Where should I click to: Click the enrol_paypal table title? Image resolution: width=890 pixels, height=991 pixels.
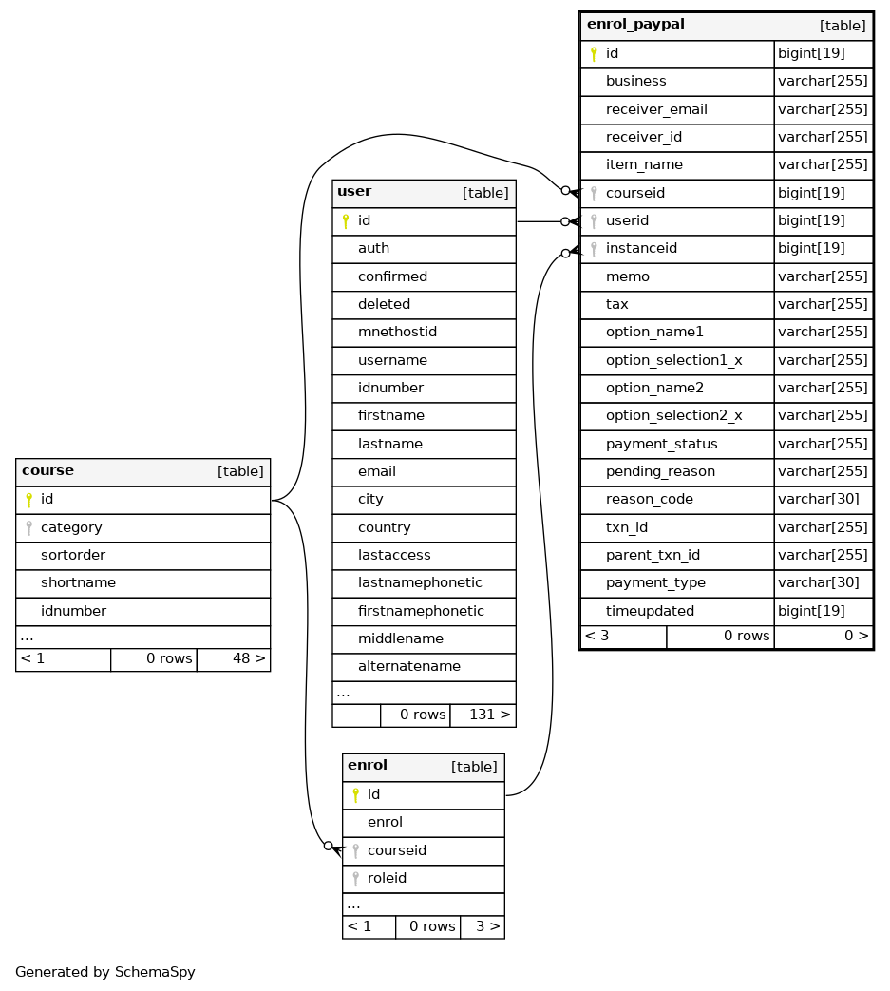[x=635, y=24]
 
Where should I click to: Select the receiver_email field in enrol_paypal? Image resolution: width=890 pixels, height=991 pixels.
[x=656, y=109]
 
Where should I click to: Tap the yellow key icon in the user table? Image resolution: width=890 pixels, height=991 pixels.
[x=346, y=221]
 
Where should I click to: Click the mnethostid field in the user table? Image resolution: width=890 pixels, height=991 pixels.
[x=397, y=332]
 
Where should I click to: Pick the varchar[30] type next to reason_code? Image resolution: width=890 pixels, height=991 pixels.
[x=819, y=499]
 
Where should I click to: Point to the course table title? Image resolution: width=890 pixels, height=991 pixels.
[x=48, y=471]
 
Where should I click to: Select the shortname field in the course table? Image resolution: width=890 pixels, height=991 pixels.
[x=78, y=582]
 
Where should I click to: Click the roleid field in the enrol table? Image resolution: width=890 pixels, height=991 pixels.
[x=388, y=878]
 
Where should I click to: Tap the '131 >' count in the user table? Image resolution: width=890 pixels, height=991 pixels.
[x=489, y=715]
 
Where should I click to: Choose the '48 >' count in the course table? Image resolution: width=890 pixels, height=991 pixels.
[x=249, y=658]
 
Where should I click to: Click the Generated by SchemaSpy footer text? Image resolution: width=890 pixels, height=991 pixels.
[x=104, y=972]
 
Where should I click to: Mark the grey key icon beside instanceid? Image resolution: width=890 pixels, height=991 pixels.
[x=594, y=248]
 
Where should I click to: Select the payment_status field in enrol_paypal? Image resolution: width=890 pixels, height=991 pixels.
[x=661, y=444]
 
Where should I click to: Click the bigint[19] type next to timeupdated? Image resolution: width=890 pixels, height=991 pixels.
[x=812, y=611]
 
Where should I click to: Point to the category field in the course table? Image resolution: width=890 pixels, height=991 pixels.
[x=71, y=527]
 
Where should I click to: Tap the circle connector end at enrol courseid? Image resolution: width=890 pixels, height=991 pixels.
[x=328, y=846]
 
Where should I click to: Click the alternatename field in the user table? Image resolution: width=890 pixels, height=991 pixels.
[x=409, y=666]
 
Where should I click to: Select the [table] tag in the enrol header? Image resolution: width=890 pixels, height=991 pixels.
[x=474, y=767]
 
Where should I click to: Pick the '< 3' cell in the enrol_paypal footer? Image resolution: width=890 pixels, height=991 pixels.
[x=596, y=636]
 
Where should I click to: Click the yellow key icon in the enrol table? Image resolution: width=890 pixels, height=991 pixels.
[x=355, y=795]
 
